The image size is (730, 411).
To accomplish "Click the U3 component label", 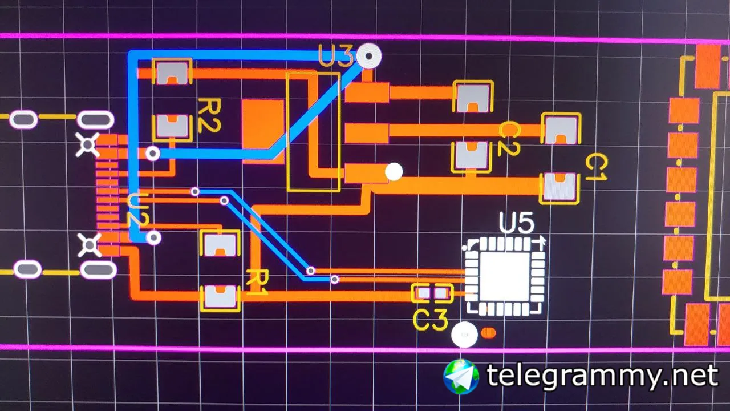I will [336, 57].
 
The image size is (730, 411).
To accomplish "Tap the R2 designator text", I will [209, 115].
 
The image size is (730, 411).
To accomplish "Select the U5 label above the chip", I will [517, 223].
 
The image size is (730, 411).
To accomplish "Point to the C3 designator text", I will [430, 321].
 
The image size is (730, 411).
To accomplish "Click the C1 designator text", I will [596, 168].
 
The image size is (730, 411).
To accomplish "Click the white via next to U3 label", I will [370, 56].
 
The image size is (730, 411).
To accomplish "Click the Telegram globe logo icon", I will [461, 376].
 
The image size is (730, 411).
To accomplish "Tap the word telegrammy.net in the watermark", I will [602, 376].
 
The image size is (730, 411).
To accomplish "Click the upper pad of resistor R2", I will [172, 71].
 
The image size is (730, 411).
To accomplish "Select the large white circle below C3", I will [464, 335].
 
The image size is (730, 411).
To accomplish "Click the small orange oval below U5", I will [489, 332].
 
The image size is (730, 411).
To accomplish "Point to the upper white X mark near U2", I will [88, 146].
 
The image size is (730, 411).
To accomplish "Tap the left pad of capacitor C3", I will [423, 293].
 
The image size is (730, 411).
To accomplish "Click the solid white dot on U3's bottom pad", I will [394, 171].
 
